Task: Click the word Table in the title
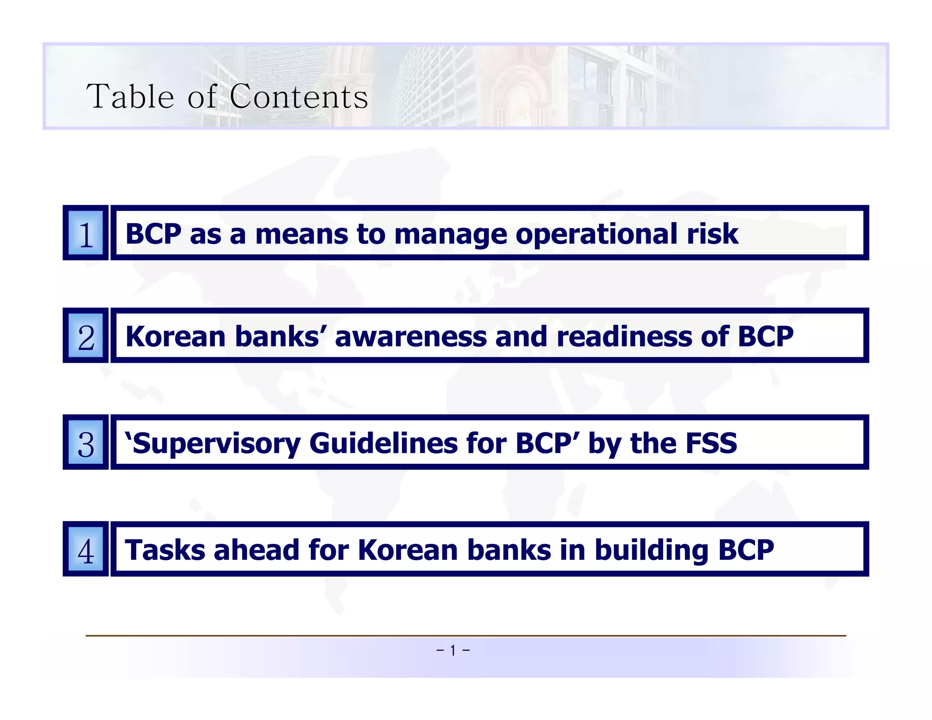130,96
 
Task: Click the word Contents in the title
299,96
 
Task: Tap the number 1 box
86,233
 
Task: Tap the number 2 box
86,336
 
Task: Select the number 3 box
86,442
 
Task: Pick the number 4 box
86,549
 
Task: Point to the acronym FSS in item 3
711,443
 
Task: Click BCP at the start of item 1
153,234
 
